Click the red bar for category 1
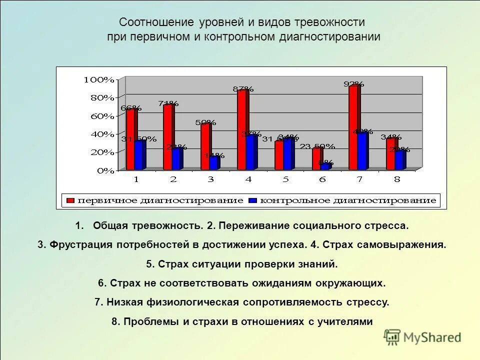[x=130, y=140]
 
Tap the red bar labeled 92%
[x=353, y=127]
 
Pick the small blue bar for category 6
[x=325, y=166]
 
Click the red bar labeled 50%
[x=205, y=147]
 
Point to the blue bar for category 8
[x=398, y=160]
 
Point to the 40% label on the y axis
[x=102, y=134]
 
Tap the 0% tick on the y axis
[x=105, y=170]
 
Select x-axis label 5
[x=285, y=179]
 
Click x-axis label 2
[x=173, y=179]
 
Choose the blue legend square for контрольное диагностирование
[x=253, y=200]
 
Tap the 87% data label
[x=243, y=89]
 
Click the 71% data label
[x=168, y=103]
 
